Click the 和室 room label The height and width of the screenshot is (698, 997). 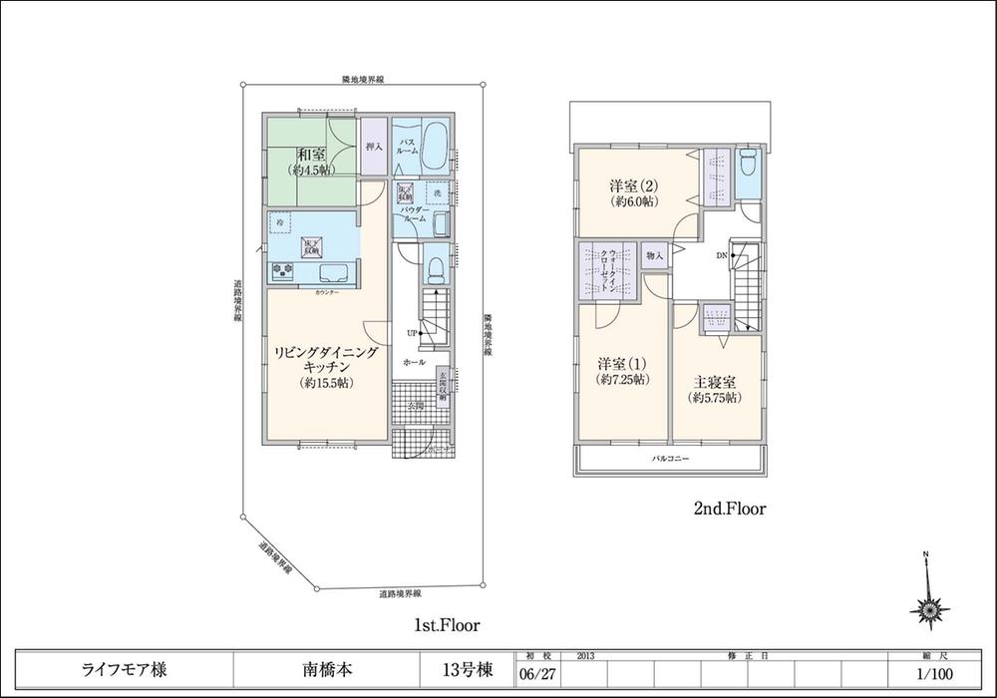[308, 154]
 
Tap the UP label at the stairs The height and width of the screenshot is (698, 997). [410, 331]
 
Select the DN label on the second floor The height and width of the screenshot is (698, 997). [722, 256]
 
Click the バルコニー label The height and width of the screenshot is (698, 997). [671, 460]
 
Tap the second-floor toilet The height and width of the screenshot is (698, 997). [748, 166]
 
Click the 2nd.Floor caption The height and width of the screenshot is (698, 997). [729, 509]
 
